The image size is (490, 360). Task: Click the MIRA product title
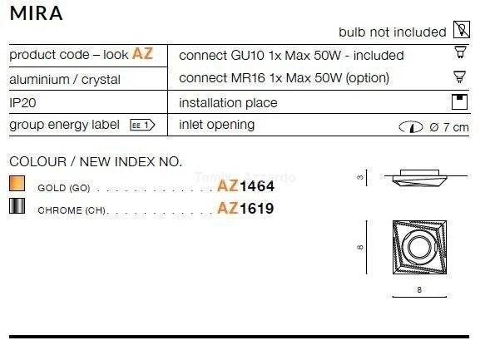tap(37, 13)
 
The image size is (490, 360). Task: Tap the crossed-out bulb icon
tap(462, 30)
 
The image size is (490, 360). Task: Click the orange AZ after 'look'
tap(142, 53)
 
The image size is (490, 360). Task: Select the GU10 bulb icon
tap(460, 52)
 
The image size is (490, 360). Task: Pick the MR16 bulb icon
tap(459, 76)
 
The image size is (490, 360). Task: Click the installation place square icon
tap(459, 101)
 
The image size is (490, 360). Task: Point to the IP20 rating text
tap(22, 103)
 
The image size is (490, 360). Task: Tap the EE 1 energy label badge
tap(142, 126)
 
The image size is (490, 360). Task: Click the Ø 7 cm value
tap(449, 127)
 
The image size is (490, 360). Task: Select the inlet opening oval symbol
tap(411, 126)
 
